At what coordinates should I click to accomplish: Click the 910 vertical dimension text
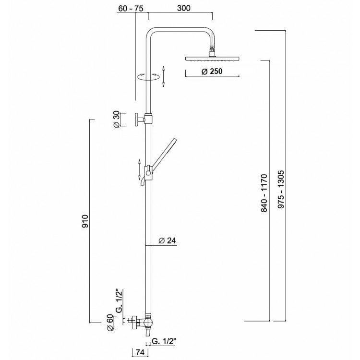(x=84, y=221)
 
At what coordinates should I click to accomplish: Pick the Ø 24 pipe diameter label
(x=167, y=240)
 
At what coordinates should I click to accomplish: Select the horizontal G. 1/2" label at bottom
(x=164, y=341)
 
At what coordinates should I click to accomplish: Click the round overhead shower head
(x=211, y=59)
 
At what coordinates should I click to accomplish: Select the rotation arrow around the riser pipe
(x=148, y=77)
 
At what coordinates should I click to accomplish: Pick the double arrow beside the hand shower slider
(x=140, y=169)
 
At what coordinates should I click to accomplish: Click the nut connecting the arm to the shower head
(x=211, y=50)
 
